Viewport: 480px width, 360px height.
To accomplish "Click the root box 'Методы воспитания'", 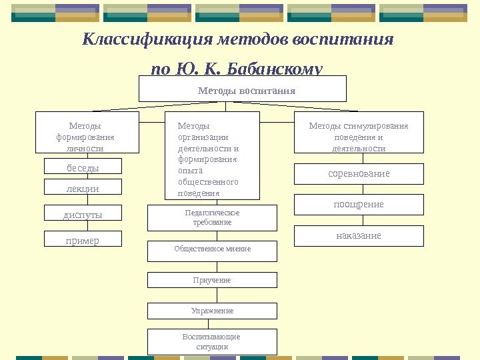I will [243, 89].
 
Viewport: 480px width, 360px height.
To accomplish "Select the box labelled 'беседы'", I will [83, 167].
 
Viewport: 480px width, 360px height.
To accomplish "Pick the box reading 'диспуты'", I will [83, 213].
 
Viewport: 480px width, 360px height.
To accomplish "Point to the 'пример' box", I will [83, 239].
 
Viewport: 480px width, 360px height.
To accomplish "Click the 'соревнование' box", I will [359, 173].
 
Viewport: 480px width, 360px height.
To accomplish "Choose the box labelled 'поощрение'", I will [359, 204].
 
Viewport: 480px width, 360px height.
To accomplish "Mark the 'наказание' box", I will [359, 235].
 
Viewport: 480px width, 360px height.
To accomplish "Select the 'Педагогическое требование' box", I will [212, 217].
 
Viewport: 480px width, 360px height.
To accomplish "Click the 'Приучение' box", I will [212, 281].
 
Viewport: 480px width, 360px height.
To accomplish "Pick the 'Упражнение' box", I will [212, 311].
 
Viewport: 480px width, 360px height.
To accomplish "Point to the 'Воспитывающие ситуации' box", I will [212, 341].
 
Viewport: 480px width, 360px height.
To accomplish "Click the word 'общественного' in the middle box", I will [208, 182].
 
